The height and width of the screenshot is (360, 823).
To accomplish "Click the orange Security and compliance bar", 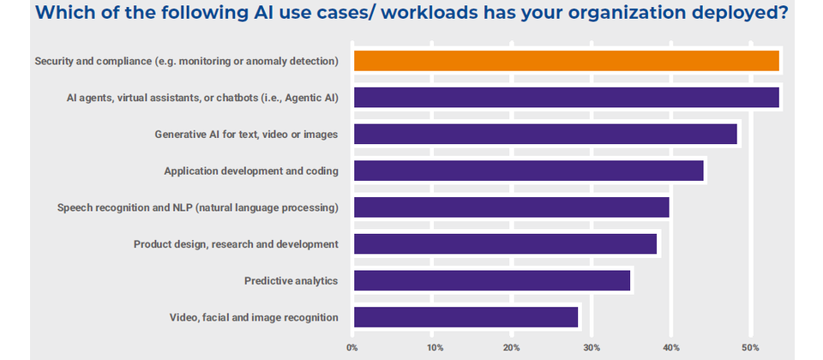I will pyautogui.click(x=566, y=61).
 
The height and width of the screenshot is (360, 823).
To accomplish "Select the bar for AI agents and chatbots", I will pyautogui.click(x=566, y=98).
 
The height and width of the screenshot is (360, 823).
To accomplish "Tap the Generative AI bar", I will pyautogui.click(x=544, y=135).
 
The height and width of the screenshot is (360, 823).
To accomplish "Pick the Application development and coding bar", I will pyautogui.click(x=528, y=171).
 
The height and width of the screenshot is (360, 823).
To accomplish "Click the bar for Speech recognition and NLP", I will pyautogui.click(x=511, y=207).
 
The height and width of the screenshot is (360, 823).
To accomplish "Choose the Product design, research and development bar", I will pyautogui.click(x=504, y=244).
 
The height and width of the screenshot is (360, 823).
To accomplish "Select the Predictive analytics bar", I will pyautogui.click(x=491, y=280).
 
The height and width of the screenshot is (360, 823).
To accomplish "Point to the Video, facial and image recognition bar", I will pyautogui.click(x=466, y=317).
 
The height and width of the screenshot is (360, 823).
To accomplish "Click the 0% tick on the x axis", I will pyautogui.click(x=352, y=348).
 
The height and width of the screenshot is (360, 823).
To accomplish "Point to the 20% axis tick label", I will pyautogui.click(x=512, y=348).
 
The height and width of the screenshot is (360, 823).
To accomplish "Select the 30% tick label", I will pyautogui.click(x=592, y=348).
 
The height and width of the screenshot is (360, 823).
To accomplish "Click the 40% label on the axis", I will pyautogui.click(x=671, y=348).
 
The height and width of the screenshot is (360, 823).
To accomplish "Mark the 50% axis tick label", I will pyautogui.click(x=751, y=348).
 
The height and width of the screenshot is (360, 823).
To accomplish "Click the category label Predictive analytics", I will pyautogui.click(x=291, y=281).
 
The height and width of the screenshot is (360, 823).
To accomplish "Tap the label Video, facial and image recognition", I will pyautogui.click(x=254, y=318).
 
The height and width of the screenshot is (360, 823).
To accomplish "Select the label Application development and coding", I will pyautogui.click(x=251, y=171).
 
